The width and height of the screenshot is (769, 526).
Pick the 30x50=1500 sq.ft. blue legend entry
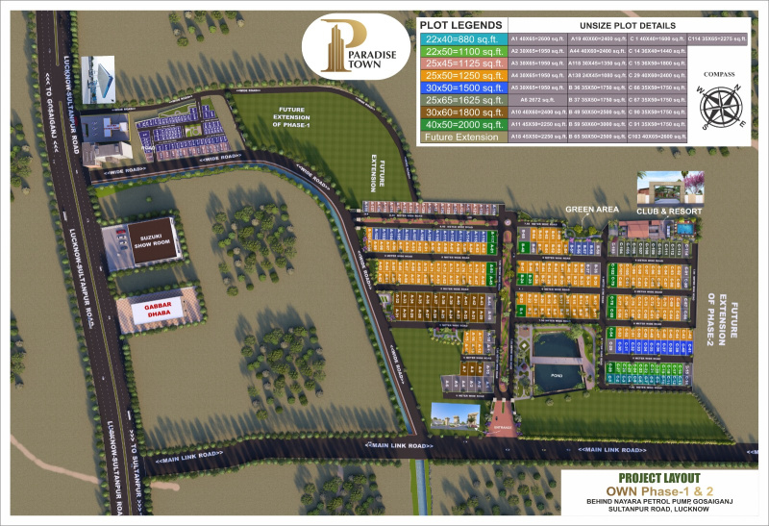[x=459, y=88]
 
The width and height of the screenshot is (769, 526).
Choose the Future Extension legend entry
[x=459, y=138]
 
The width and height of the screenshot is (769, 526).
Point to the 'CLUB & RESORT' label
[x=669, y=211]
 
